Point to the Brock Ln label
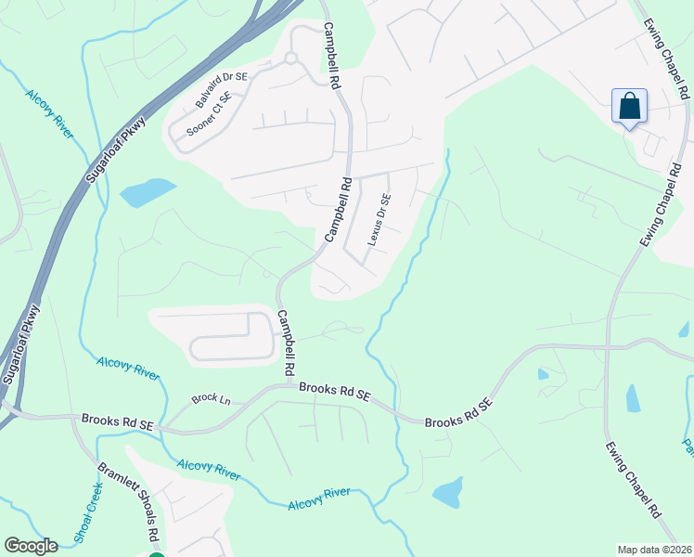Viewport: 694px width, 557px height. [x=211, y=400]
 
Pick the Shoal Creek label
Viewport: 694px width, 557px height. [x=87, y=511]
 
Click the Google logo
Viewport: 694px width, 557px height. [x=31, y=546]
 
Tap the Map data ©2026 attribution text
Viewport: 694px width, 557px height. [x=654, y=550]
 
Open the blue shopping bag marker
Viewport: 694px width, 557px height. [x=629, y=107]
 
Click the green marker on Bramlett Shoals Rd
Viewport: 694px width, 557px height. [x=157, y=555]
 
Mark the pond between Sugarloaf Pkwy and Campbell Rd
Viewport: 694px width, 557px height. [x=148, y=192]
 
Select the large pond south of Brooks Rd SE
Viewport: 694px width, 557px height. [x=448, y=492]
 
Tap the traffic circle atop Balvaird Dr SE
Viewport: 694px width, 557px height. [x=290, y=58]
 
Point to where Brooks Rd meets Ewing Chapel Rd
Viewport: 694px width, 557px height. [x=609, y=345]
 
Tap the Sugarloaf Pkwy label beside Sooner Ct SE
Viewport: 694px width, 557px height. [x=116, y=149]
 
